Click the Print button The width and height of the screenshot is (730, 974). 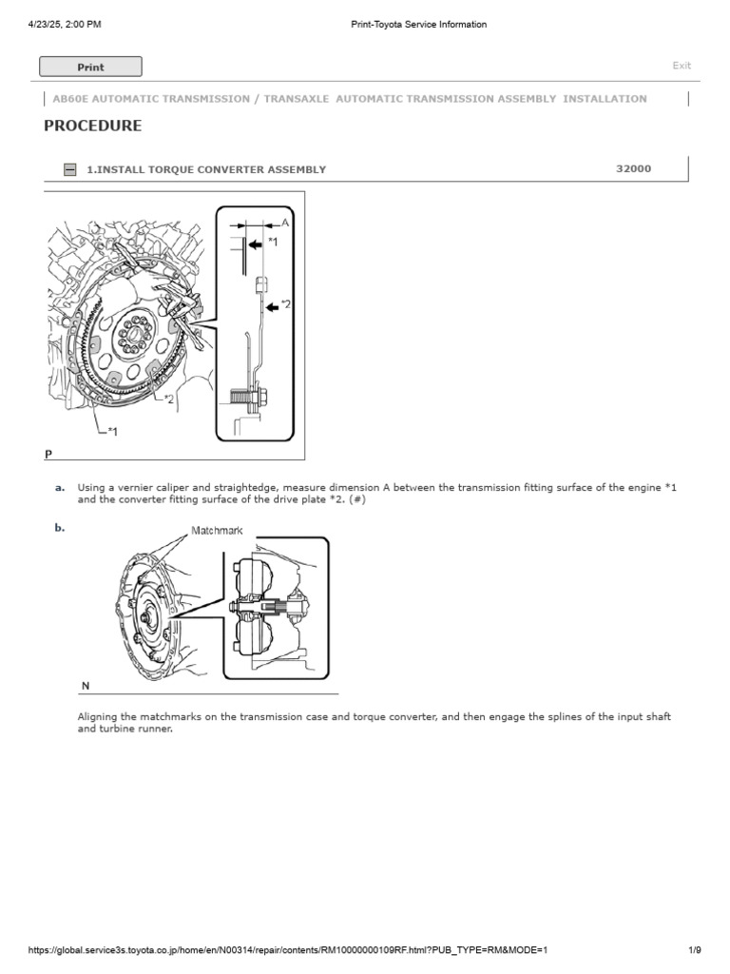tap(90, 67)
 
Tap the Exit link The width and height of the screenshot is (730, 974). tap(682, 66)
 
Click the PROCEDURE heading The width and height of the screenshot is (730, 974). tap(93, 126)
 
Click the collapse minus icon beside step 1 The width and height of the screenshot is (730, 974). tap(69, 169)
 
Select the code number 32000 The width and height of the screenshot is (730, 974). tap(634, 168)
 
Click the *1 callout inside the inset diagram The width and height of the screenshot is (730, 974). tap(273, 243)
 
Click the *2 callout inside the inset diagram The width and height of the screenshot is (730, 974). tap(285, 305)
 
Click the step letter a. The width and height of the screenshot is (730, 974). tap(60, 488)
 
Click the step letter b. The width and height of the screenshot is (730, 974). tap(60, 527)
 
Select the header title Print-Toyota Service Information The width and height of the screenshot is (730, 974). tap(419, 25)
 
